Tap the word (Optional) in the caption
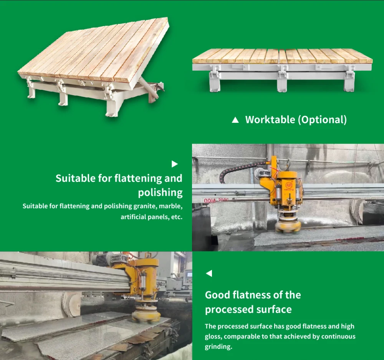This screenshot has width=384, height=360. coord(322,120)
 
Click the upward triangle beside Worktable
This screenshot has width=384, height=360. coord(235,120)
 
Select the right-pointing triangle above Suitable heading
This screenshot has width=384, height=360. coord(175,164)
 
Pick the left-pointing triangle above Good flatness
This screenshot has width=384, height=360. coord(209,273)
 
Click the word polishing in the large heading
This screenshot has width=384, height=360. coord(160,193)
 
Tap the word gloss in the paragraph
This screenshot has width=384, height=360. coord(214,337)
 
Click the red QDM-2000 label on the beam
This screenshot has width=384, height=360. coord(216,200)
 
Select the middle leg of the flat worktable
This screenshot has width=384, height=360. coord(282,79)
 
